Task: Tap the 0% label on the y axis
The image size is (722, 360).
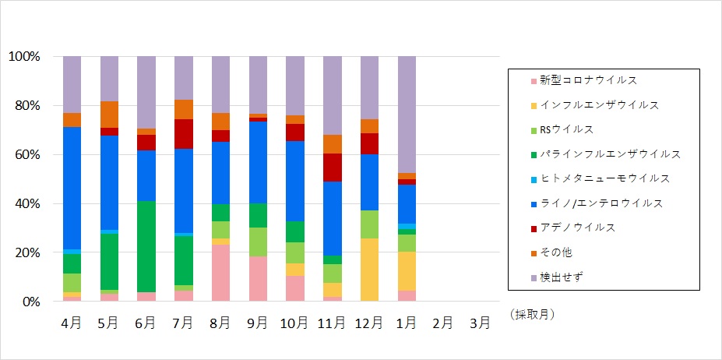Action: pos(30,302)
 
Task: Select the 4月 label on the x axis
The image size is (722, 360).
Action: pos(72,323)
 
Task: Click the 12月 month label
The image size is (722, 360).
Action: pos(369,323)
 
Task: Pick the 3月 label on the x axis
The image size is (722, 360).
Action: pos(481,323)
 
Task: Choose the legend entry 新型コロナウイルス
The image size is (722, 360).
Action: pos(594,80)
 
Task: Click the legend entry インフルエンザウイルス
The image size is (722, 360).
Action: pos(600,104)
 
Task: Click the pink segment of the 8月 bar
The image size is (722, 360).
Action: pos(221,273)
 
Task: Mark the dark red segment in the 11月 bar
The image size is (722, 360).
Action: pos(333,168)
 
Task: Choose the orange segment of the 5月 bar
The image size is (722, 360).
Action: pos(109,115)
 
